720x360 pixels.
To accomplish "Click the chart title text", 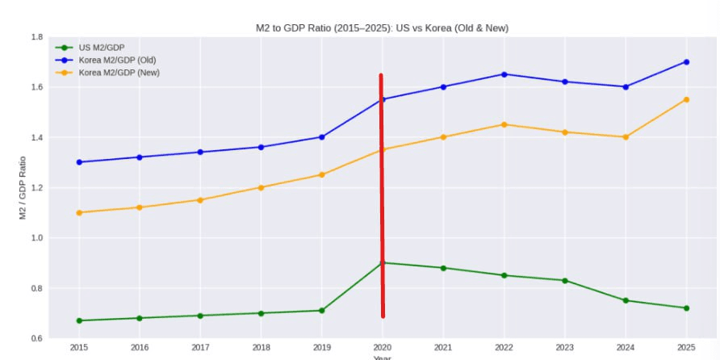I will coord(382,28).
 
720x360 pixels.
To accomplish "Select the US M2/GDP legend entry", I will coord(102,47).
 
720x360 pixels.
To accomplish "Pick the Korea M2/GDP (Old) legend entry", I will coord(118,60).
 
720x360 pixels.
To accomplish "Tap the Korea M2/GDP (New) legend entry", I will coord(119,73).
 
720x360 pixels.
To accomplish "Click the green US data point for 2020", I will coord(383,262).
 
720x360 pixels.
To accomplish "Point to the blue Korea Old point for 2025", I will coord(686,62).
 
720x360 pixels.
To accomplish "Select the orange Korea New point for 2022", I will coord(504,124).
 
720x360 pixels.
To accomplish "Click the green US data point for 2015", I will coord(79,320).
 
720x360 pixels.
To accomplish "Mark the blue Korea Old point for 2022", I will coord(504,74).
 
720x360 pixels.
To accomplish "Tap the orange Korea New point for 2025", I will coord(686,99).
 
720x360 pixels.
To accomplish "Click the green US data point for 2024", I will coord(626,300).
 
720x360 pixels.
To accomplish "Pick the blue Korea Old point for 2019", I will coord(321,137).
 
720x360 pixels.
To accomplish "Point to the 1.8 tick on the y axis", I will coord(37,37).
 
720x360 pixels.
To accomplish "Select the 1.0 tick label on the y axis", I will coord(37,238).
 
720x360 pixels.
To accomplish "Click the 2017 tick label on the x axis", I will coord(200,347).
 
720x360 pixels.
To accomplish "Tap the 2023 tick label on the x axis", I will coord(565,347).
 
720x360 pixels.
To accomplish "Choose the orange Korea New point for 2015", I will coord(79,212).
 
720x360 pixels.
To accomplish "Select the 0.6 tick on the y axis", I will coord(37,338).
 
